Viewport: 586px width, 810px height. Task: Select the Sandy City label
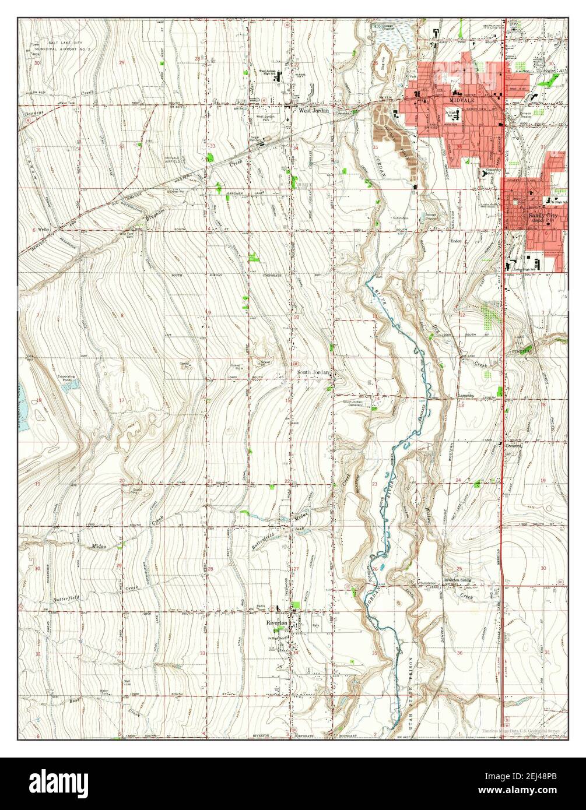point(542,215)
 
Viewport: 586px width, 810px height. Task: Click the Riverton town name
point(277,623)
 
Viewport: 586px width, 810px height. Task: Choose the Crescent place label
point(513,445)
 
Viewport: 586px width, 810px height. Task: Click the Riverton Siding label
point(458,580)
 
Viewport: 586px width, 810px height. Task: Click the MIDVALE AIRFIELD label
point(173,160)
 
